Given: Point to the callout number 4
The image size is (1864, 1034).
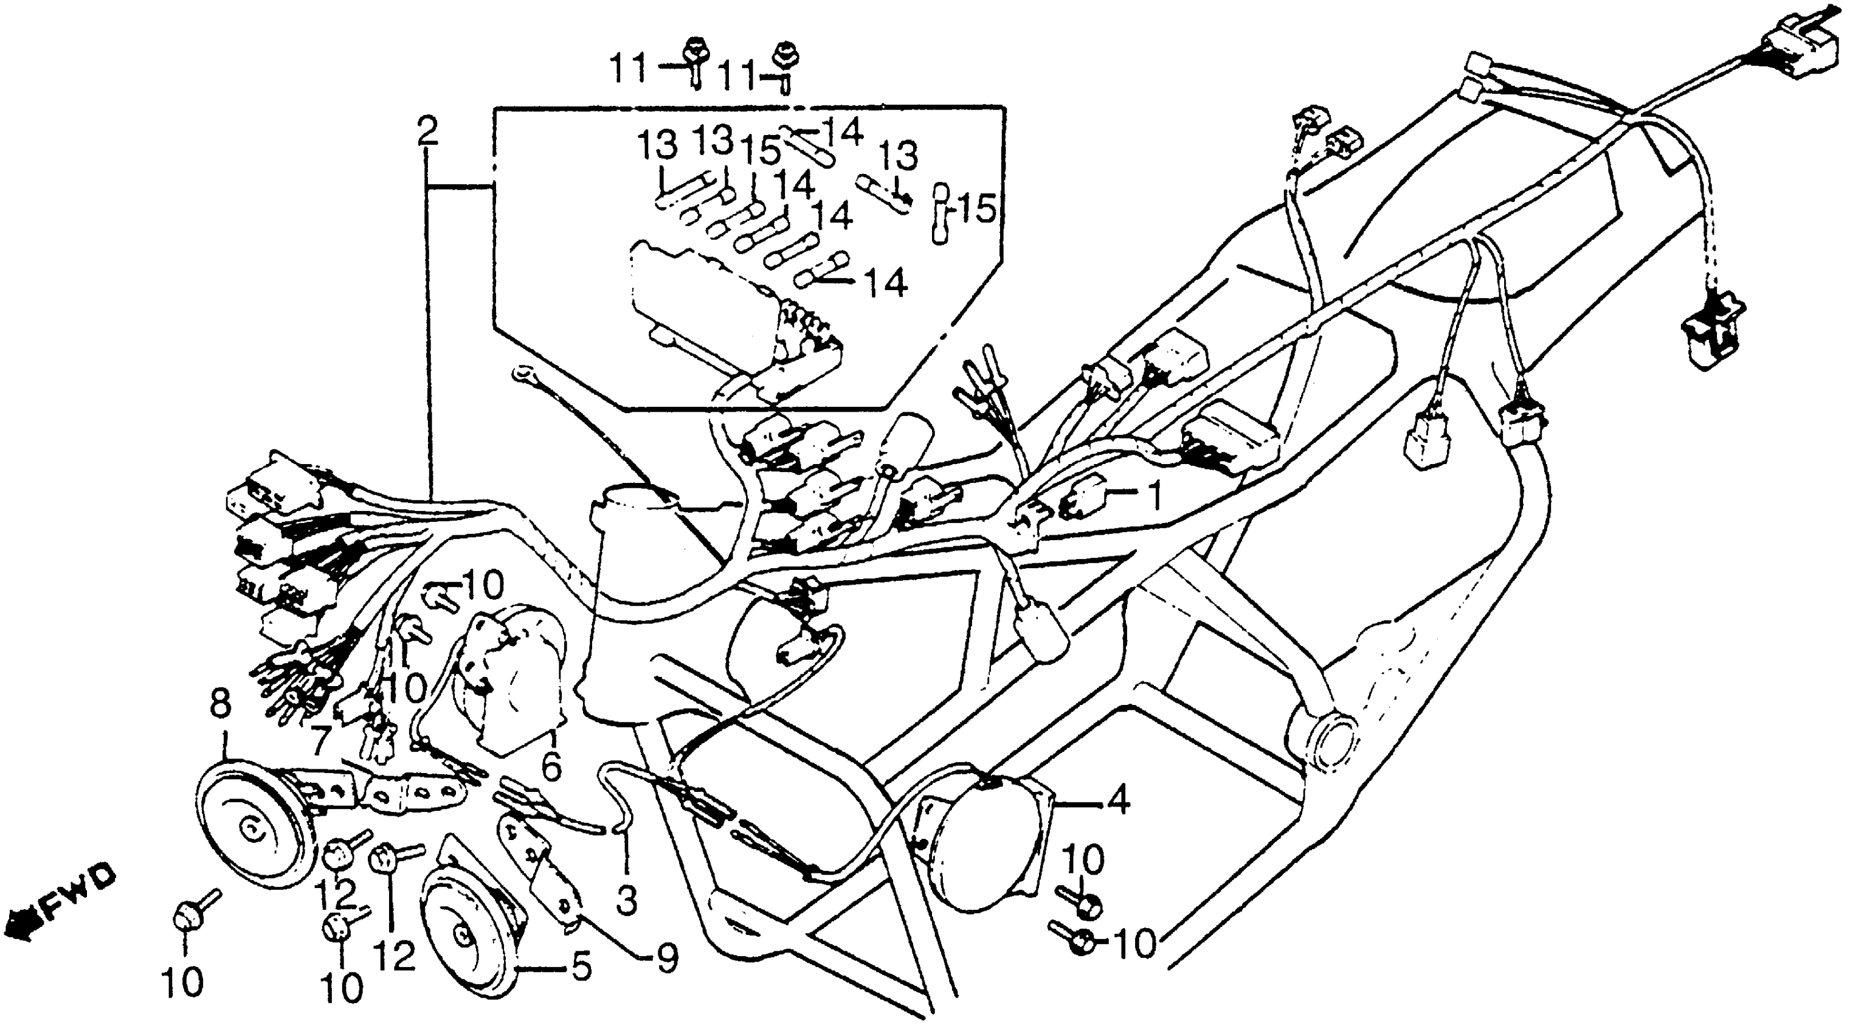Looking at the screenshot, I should (1118, 802).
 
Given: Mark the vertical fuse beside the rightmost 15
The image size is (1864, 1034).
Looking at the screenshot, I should (940, 214).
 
